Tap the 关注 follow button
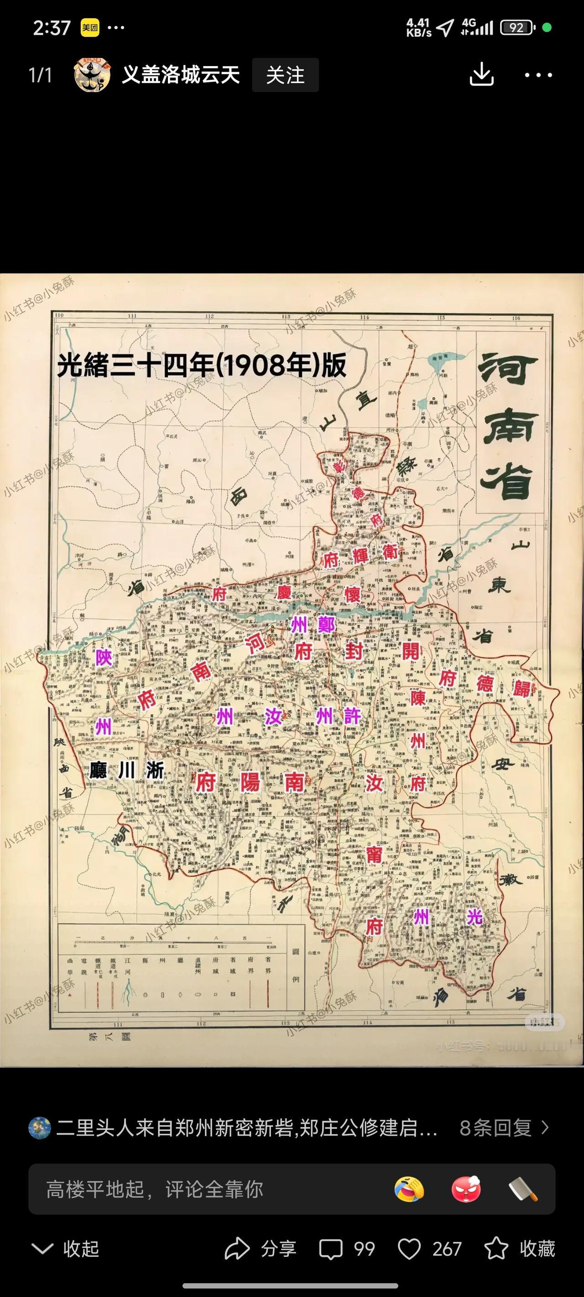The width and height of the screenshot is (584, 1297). click(x=285, y=75)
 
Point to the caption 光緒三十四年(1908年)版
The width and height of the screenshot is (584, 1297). click(x=202, y=364)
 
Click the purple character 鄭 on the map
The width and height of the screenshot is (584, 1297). click(x=326, y=625)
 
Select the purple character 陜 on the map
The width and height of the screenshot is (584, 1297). click(x=104, y=657)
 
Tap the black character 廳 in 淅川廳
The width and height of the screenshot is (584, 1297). click(x=98, y=771)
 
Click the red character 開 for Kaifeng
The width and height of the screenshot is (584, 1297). click(x=411, y=650)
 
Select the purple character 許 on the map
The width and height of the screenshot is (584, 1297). click(x=352, y=716)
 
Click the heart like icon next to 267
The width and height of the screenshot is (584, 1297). click(x=409, y=1249)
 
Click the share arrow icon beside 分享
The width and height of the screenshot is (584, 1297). click(x=236, y=1249)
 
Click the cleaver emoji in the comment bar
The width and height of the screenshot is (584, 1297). click(x=523, y=1190)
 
